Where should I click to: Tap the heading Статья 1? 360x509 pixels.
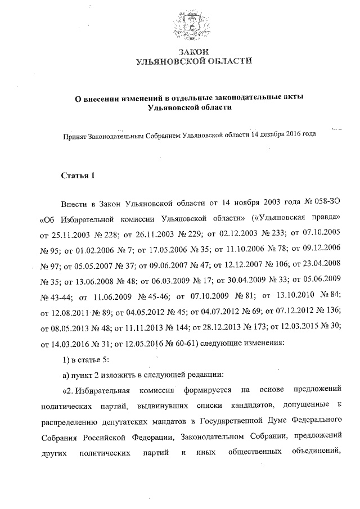(x=78, y=176)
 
